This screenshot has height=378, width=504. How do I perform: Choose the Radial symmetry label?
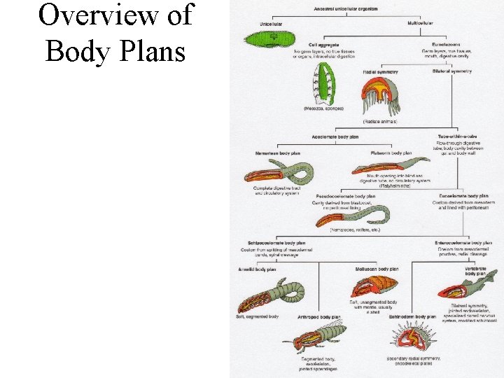pos(381,72)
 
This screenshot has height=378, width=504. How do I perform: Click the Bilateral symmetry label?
pos(452,71)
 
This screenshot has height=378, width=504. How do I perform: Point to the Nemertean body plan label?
pos(279,153)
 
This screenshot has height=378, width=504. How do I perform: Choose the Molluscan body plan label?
pos(377,269)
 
